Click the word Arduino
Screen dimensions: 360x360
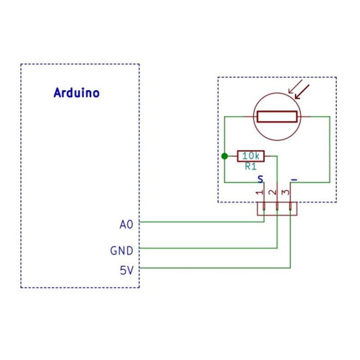[76, 93]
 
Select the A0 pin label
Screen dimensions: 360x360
[127, 224]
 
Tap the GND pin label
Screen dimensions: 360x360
[121, 250]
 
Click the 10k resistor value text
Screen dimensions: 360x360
[251, 156]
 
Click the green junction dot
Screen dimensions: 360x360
[225, 156]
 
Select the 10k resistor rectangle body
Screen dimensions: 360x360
[251, 156]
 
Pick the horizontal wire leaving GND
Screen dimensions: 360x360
[207, 248]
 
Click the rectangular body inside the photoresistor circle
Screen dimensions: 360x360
[277, 117]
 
